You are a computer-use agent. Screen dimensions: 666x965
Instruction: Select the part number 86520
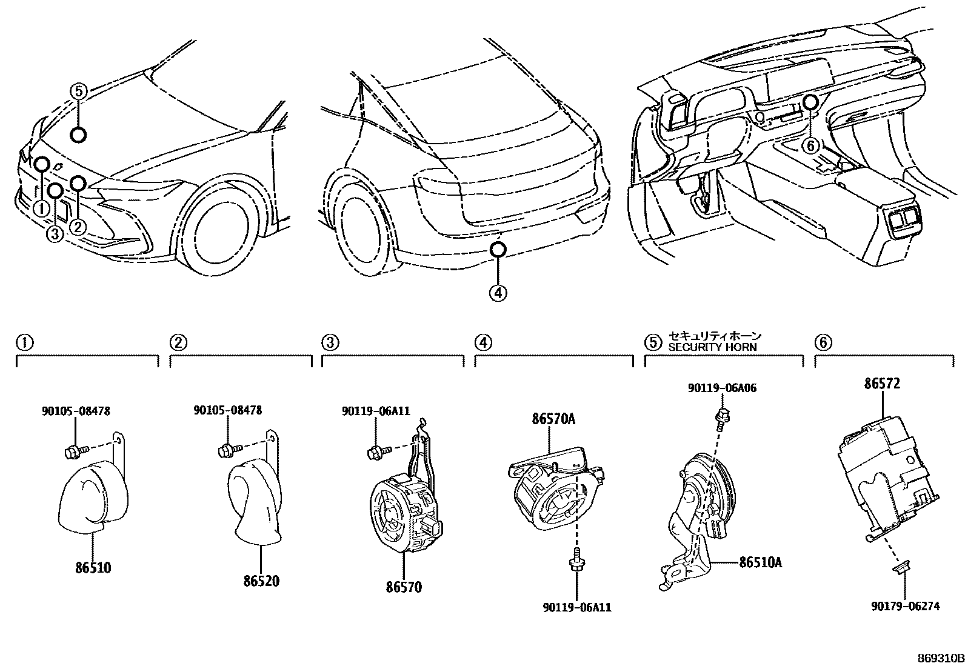coord(261,581)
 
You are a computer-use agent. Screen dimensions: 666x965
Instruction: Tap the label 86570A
coord(553,419)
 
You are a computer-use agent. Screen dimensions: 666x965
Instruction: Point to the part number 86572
coord(882,384)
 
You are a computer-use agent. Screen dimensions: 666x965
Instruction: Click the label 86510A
coord(760,562)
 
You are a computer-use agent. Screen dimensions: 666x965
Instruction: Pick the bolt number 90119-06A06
coord(722,388)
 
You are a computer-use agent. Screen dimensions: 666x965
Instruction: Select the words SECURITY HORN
coord(712,347)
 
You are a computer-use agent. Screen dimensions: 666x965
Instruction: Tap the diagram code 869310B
coord(939,658)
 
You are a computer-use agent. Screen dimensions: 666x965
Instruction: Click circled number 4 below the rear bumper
coord(498,293)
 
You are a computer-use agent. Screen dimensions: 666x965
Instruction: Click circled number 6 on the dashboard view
coord(810,145)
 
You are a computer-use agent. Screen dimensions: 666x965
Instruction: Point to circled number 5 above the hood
coord(79,92)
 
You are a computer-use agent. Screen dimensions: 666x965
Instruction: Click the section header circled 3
coord(329,343)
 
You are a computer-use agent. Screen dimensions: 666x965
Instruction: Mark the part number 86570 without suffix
coord(404,587)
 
